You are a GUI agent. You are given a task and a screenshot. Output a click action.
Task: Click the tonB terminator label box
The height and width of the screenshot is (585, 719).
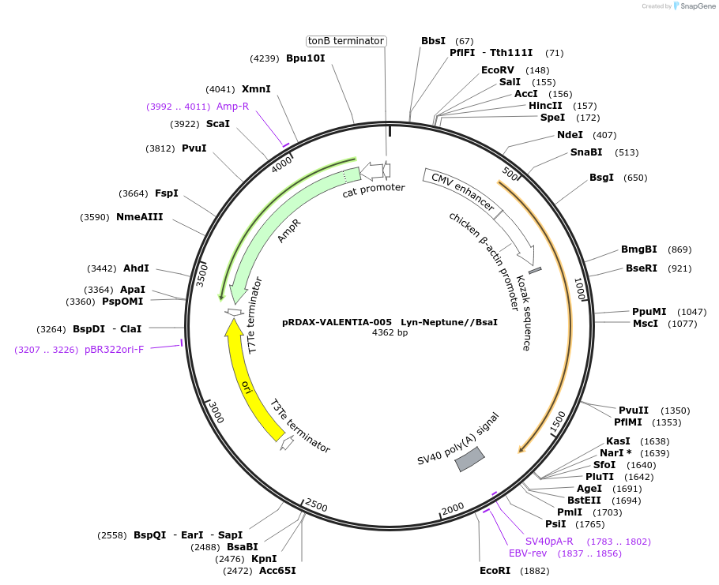coord(346,41)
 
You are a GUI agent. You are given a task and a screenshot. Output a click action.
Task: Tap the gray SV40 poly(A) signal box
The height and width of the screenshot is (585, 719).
coord(469,459)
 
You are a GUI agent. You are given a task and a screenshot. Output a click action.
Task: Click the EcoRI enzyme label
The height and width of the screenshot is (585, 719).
coord(495,571)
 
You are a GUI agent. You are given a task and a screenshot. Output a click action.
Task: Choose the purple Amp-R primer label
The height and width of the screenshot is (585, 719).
coord(232,107)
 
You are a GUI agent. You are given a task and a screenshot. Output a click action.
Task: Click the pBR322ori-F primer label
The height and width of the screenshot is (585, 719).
coord(114,349)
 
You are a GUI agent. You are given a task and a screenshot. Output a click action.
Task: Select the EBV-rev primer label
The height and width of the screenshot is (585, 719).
coord(528,553)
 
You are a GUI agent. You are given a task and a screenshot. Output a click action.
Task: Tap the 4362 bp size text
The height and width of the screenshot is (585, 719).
coord(390,332)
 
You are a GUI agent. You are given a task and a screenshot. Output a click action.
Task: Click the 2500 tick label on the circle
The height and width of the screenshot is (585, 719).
coord(316,505)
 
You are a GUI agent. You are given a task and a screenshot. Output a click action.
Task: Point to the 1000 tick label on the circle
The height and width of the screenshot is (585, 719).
coord(580,289)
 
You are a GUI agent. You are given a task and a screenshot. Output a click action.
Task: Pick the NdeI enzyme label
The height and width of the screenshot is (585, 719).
coord(570,135)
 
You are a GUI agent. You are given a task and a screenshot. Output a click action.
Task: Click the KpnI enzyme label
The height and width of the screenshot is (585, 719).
coord(264,559)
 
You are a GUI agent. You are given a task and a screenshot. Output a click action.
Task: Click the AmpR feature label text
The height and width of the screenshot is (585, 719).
coord(289,231)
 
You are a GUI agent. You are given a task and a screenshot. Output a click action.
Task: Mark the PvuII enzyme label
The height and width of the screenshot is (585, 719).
coord(634,411)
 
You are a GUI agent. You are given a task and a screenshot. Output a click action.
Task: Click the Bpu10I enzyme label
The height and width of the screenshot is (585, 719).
coord(306,58)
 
